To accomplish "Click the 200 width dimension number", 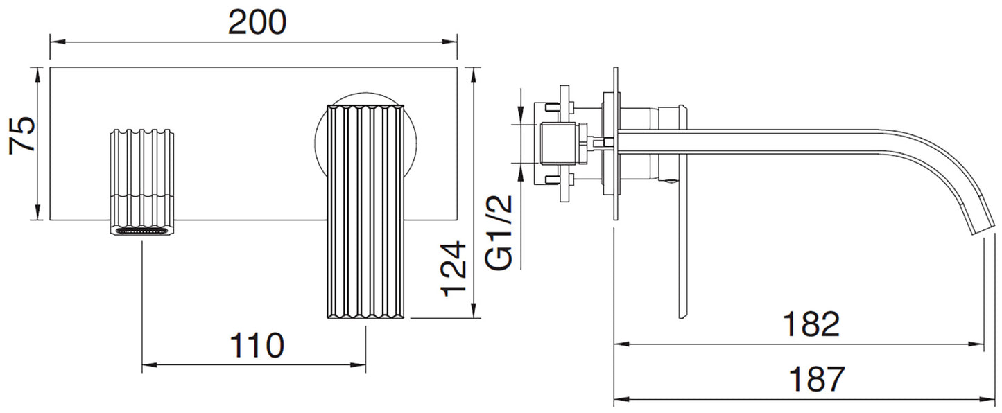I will (x=257, y=24).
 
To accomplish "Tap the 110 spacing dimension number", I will (x=257, y=345).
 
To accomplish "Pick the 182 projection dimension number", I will (x=811, y=324).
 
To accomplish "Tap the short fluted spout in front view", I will (x=143, y=173).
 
